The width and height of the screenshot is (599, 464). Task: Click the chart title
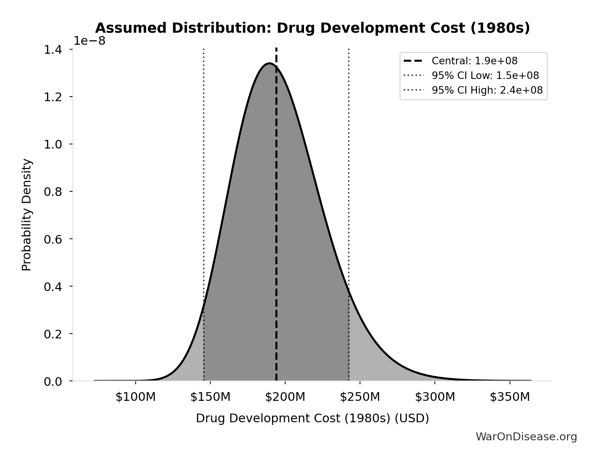tap(312, 28)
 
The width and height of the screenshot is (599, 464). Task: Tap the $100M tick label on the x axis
tap(135, 397)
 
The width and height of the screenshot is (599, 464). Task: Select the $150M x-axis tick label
tap(210, 397)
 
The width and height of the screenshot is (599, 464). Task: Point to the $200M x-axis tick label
tap(285, 397)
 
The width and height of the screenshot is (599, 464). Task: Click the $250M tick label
tap(360, 397)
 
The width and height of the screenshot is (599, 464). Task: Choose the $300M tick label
tap(435, 397)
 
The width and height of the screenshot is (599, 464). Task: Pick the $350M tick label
tap(510, 397)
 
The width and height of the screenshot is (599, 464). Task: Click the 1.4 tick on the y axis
tap(53, 50)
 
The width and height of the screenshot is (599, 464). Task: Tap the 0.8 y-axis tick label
tap(53, 192)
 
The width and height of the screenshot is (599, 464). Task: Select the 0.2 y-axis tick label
tap(53, 334)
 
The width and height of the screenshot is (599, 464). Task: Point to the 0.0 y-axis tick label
tap(53, 382)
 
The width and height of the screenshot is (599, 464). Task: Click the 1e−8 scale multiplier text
tap(89, 41)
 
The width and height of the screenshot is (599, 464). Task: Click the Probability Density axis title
tap(27, 215)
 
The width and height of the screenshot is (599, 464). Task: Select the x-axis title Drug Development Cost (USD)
tap(312, 418)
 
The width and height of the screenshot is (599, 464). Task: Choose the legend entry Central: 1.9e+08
tap(474, 61)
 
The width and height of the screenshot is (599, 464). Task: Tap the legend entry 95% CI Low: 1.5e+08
tap(485, 76)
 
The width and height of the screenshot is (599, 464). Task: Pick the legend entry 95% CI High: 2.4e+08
tap(487, 90)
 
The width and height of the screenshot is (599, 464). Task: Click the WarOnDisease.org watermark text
tap(526, 437)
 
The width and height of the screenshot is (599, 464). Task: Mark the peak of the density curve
tap(269, 63)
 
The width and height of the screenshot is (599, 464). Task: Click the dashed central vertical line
tap(276, 226)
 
